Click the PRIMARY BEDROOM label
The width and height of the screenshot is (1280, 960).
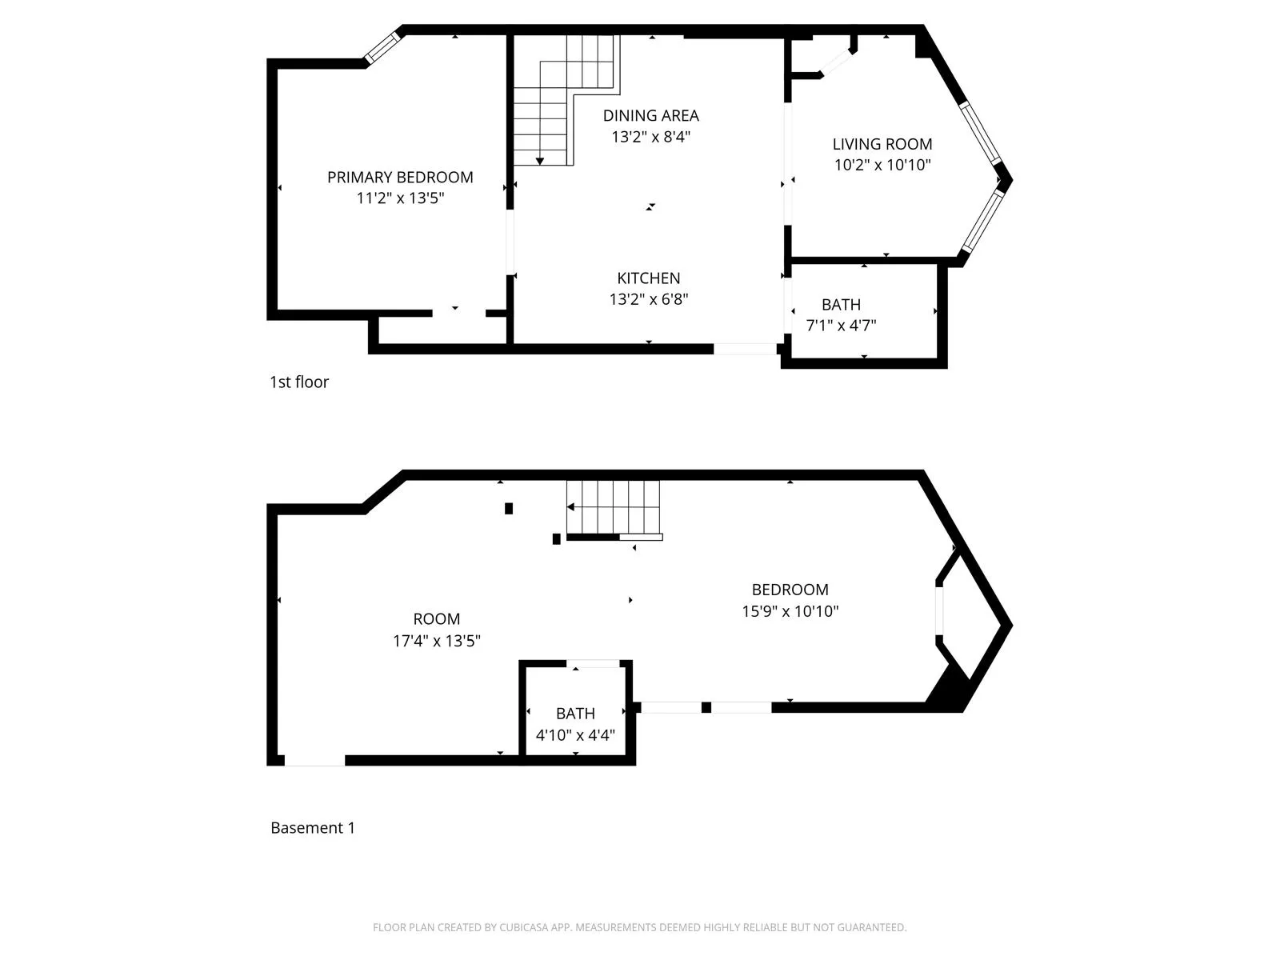(400, 177)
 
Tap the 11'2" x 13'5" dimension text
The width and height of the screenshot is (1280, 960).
(400, 198)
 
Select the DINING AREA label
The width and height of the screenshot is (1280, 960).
(650, 115)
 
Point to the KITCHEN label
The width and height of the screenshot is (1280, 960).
(648, 278)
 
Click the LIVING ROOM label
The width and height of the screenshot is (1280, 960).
(882, 144)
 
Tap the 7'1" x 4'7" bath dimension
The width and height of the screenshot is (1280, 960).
(841, 326)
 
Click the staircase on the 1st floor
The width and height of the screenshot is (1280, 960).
(564, 100)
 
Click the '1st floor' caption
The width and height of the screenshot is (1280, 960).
(299, 382)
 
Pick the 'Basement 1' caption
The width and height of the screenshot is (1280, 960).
(313, 828)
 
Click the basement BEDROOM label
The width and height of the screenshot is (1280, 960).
(790, 590)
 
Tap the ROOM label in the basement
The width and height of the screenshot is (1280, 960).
(436, 619)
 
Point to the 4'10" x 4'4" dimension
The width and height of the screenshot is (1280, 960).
(575, 735)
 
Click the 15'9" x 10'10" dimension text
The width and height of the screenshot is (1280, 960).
(790, 612)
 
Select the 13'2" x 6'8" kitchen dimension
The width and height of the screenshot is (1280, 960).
(648, 300)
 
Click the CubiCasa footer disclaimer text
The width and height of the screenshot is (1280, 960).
(639, 928)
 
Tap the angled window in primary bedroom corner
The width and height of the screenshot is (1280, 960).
(382, 46)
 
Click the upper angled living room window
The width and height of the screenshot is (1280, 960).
(981, 133)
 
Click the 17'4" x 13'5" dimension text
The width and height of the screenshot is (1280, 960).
(436, 641)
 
